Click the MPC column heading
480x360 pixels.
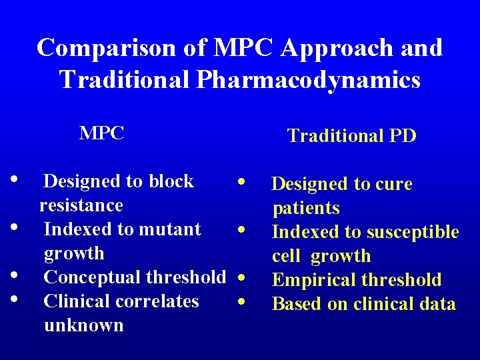(x=101, y=133)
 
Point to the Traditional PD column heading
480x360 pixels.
(x=351, y=136)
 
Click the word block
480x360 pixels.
(x=171, y=181)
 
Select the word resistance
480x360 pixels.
(x=81, y=205)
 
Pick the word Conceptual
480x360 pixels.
(x=92, y=277)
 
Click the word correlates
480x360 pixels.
(x=159, y=301)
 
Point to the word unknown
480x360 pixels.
(x=83, y=325)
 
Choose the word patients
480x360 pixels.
(x=306, y=208)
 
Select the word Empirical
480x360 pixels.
(x=313, y=280)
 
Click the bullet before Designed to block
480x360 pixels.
(x=14, y=179)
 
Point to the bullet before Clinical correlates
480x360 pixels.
(x=14, y=298)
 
